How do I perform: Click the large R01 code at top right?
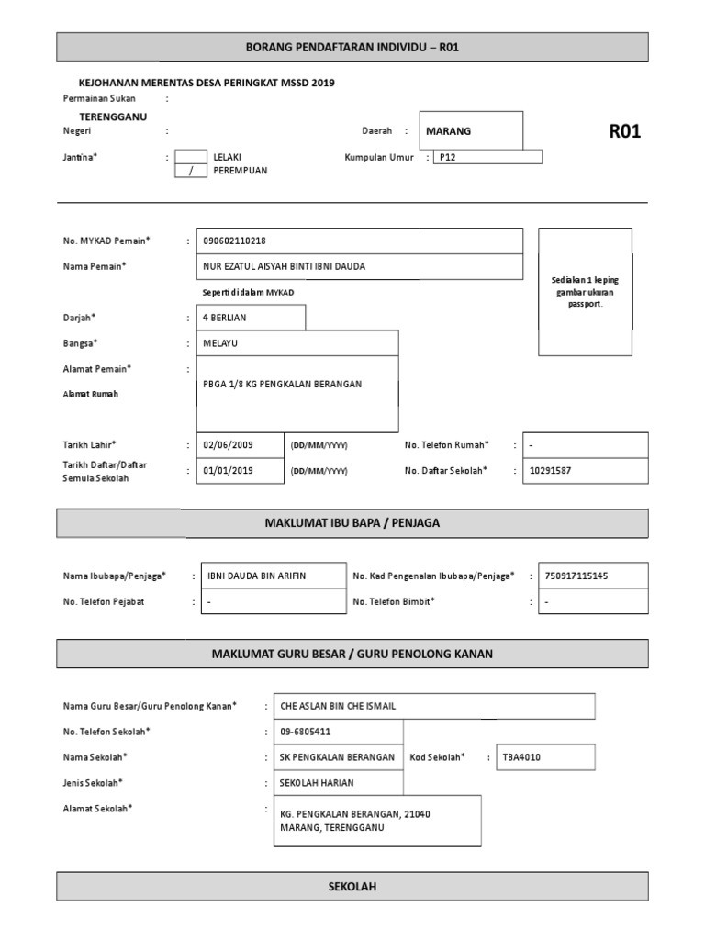[x=624, y=131]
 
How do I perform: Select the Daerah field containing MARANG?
[x=470, y=131]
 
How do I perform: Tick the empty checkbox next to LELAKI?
[x=191, y=156]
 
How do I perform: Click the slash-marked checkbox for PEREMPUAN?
[x=191, y=171]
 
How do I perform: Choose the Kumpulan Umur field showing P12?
[x=487, y=157]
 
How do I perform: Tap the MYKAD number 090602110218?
[x=234, y=241]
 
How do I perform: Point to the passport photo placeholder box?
[x=585, y=292]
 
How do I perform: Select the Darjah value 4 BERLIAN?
[x=225, y=318]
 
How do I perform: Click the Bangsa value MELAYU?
[x=221, y=343]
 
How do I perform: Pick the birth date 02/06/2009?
[x=229, y=445]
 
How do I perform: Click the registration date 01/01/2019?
[x=229, y=470]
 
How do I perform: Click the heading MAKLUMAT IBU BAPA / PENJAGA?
[x=352, y=522]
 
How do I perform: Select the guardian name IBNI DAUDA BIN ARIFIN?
[x=255, y=576]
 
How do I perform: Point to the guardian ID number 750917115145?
[x=576, y=576]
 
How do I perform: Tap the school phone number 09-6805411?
[x=306, y=732]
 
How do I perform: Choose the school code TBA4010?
[x=521, y=756]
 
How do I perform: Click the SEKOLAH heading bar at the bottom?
[x=352, y=887]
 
